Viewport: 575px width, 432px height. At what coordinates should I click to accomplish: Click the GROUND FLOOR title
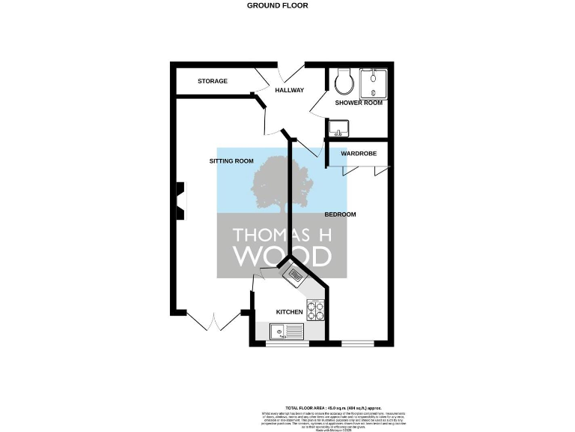(277, 5)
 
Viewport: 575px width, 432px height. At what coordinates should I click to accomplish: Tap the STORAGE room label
(213, 81)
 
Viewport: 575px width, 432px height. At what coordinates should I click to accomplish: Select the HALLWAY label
(289, 91)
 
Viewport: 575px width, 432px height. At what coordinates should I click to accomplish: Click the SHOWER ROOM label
(359, 103)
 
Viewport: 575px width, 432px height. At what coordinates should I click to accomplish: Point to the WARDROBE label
(358, 154)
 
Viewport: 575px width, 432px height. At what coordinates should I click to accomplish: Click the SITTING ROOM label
(231, 161)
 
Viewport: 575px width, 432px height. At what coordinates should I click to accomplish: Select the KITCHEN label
(289, 311)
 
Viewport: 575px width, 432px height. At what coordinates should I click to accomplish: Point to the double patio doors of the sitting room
(213, 321)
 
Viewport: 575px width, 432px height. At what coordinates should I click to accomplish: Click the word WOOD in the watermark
(282, 256)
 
